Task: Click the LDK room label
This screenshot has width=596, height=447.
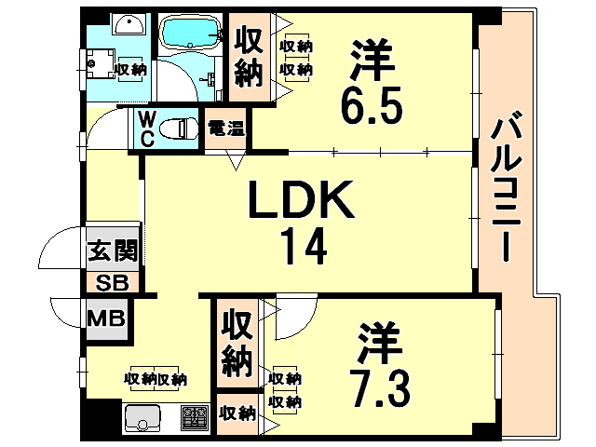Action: tap(301, 199)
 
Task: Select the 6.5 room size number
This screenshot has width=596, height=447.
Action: tap(372, 105)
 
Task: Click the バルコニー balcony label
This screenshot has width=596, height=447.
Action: tap(506, 190)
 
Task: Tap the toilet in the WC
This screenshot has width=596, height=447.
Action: tap(179, 129)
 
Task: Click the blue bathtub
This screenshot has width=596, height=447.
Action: tap(190, 32)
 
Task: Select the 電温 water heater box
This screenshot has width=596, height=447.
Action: tap(225, 129)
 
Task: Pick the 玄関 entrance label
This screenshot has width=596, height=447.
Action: tap(113, 251)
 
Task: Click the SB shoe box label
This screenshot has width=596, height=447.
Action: tap(112, 283)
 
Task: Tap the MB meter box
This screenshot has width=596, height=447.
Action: tap(106, 318)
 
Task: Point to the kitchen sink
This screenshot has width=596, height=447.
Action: tap(142, 418)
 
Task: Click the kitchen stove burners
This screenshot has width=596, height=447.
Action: tap(195, 418)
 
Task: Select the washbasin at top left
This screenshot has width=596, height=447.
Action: tap(129, 25)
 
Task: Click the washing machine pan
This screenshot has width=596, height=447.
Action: tap(101, 63)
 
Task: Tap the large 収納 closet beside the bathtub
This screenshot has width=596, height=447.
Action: tap(249, 57)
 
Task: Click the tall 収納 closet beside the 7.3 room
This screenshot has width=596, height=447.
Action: tap(237, 343)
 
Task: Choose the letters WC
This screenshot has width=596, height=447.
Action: tap(146, 129)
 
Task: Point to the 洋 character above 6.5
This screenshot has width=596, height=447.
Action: tap(372, 60)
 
